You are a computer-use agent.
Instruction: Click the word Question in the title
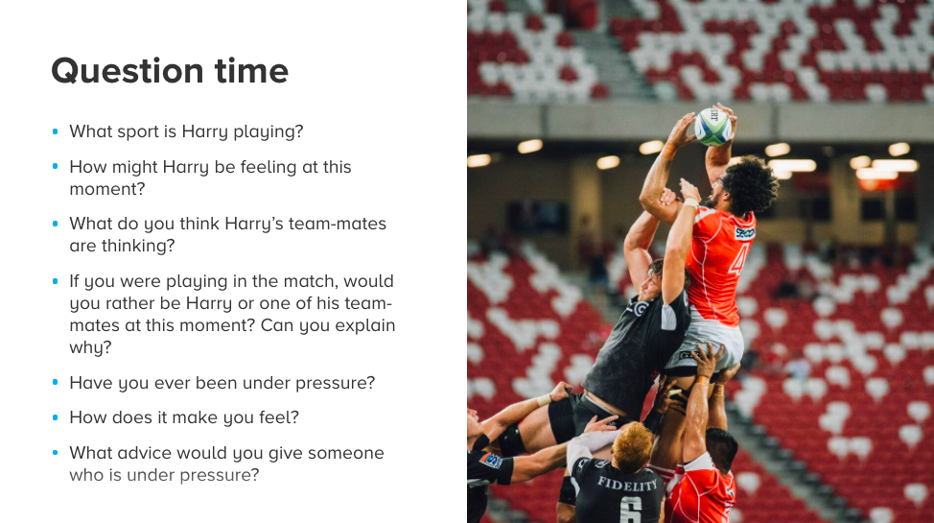pyautogui.click(x=128, y=72)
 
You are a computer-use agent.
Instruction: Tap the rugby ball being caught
pyautogui.click(x=713, y=127)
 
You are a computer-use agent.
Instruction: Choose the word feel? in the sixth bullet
pyautogui.click(x=279, y=417)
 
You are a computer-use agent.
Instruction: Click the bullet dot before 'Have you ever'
pyautogui.click(x=56, y=382)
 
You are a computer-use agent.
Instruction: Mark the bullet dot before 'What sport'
pyautogui.click(x=56, y=131)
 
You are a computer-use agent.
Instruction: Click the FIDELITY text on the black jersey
pyautogui.click(x=627, y=485)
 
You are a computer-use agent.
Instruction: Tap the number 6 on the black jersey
pyautogui.click(x=631, y=511)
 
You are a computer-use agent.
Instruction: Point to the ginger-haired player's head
pyautogui.click(x=633, y=444)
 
